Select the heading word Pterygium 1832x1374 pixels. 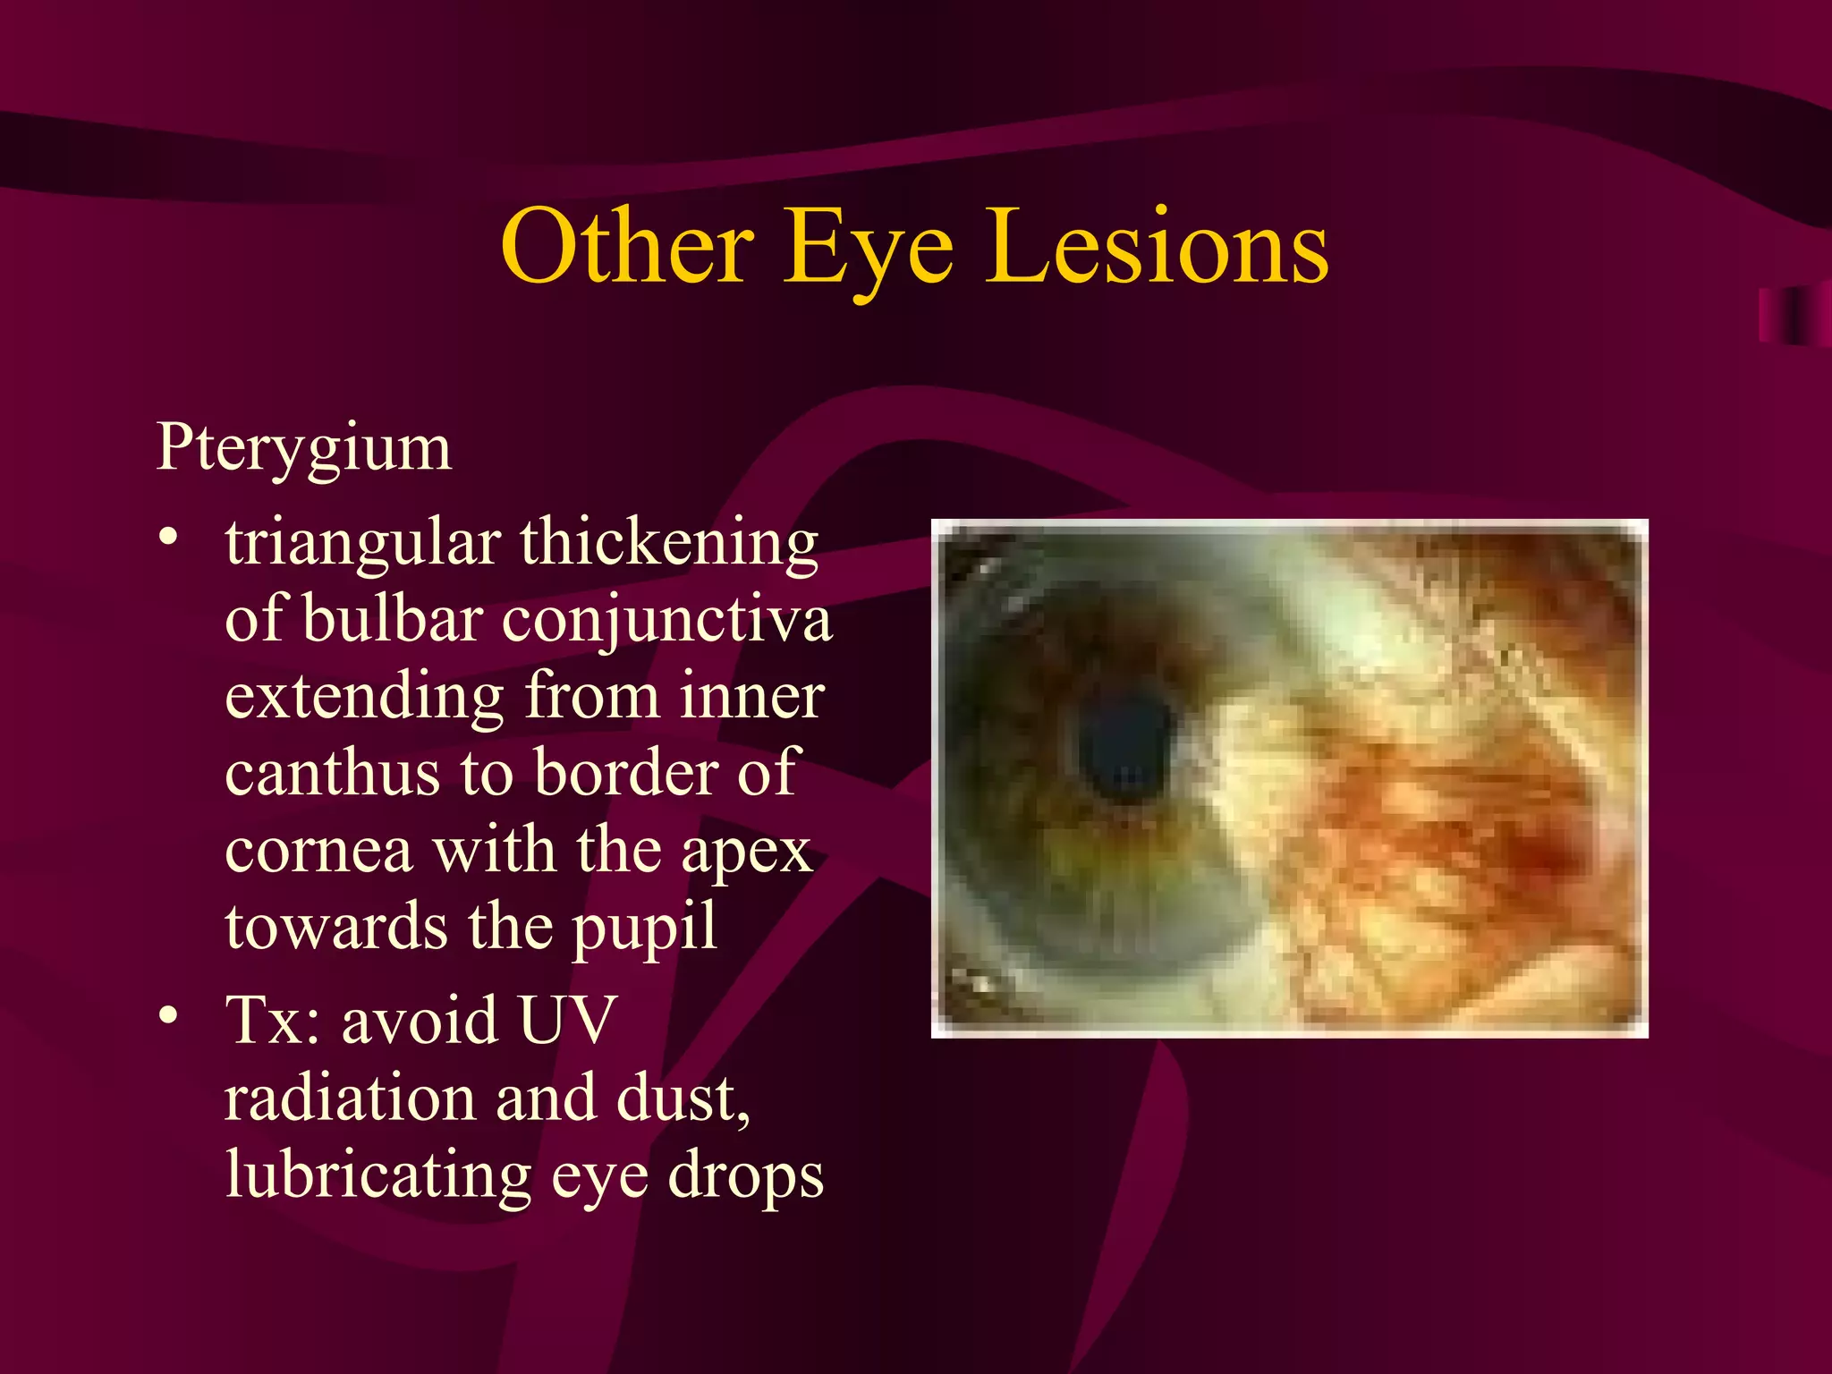(304, 447)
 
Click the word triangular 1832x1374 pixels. (362, 544)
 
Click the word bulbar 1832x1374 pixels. (394, 619)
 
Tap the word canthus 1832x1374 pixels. (332, 773)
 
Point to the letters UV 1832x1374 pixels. (567, 1020)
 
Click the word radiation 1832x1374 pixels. (350, 1098)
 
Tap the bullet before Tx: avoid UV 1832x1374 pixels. (167, 1015)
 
